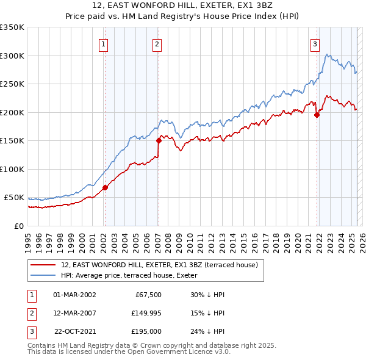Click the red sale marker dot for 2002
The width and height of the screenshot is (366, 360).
click(x=105, y=187)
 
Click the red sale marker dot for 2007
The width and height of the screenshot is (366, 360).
click(x=159, y=140)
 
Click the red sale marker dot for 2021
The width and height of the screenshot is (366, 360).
click(x=317, y=114)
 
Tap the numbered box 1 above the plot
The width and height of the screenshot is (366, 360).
click(x=103, y=43)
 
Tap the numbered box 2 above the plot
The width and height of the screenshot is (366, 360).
click(x=157, y=43)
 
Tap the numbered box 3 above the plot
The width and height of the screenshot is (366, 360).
click(x=315, y=43)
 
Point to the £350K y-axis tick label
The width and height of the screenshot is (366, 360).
click(x=12, y=27)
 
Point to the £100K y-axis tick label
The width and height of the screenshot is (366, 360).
click(x=12, y=169)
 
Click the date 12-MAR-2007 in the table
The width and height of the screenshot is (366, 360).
click(x=75, y=312)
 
